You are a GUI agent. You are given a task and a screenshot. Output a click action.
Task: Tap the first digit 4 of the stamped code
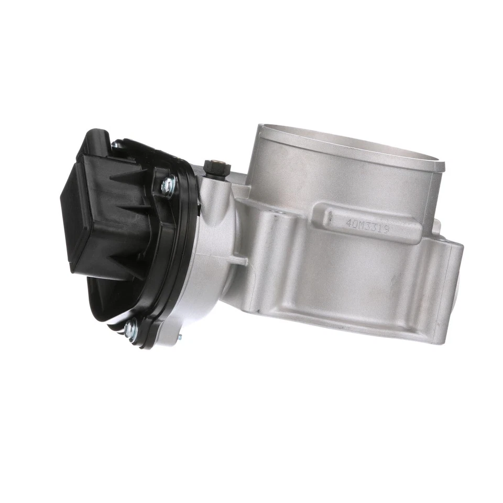[x=348, y=222]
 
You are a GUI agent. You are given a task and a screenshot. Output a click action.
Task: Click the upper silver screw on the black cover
[x=167, y=184]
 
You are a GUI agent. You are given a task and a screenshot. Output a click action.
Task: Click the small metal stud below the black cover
[x=179, y=338]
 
